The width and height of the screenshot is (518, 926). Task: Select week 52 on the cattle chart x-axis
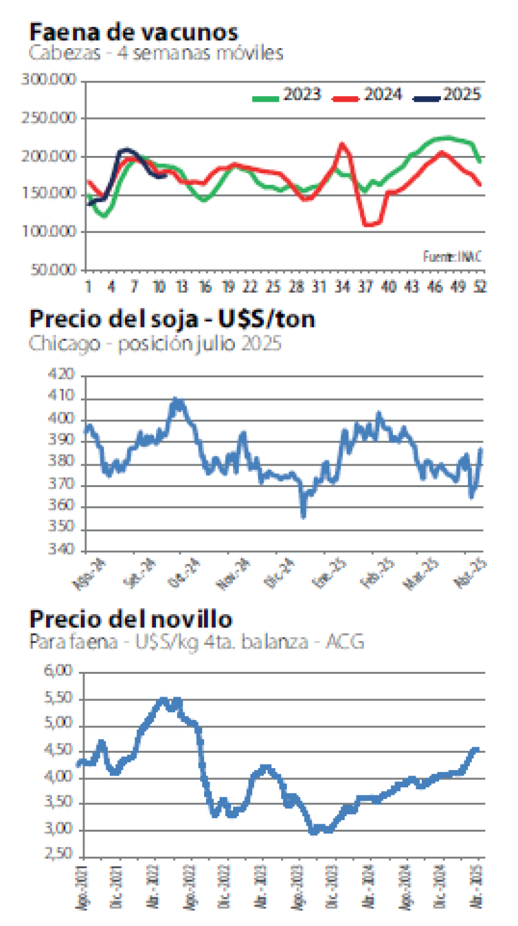click(479, 287)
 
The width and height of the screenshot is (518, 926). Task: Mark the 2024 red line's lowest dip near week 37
click(369, 224)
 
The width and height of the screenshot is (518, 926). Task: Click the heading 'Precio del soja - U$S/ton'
click(172, 319)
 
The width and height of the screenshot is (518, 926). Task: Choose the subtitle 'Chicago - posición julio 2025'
click(155, 343)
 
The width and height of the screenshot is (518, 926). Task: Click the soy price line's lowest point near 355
click(303, 515)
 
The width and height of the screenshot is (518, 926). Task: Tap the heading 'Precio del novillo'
click(131, 618)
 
